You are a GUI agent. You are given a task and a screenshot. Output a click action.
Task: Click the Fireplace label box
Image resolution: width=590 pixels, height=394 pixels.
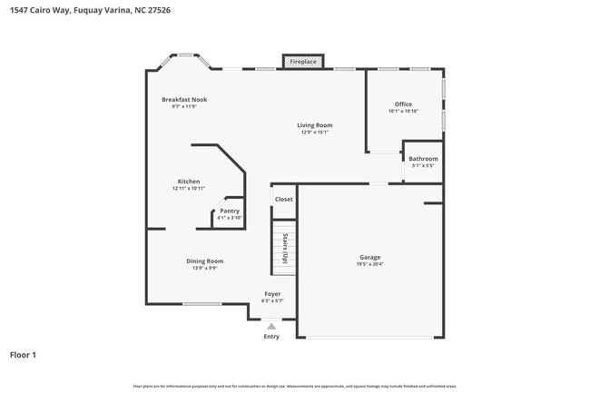click(303, 62)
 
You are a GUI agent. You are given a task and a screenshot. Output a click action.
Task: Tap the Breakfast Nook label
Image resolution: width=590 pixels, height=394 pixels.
click(184, 99)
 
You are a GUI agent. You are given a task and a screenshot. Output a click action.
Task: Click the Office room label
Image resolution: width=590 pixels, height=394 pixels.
click(403, 104)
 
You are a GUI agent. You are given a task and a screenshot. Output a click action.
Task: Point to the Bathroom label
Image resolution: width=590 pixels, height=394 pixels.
click(423, 159)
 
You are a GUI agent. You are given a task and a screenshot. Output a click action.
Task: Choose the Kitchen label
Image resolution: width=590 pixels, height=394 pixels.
click(188, 182)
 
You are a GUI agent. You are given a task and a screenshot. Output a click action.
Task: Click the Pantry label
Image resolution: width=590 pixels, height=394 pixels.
click(230, 211)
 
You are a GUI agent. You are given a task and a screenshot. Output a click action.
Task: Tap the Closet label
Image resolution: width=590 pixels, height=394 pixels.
click(284, 199)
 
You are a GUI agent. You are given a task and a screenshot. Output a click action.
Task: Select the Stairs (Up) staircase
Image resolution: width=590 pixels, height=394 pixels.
click(284, 247)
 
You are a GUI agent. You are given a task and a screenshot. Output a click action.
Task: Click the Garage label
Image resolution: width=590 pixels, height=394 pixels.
click(369, 257)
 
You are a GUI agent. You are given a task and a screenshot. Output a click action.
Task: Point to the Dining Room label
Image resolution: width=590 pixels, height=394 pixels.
click(204, 261)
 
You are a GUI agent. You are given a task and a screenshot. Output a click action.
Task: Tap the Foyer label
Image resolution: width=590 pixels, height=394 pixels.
click(272, 294)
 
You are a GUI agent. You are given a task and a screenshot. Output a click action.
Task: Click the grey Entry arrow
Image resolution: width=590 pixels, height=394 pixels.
click(271, 325)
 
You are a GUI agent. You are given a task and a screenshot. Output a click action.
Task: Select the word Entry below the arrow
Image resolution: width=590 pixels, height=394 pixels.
click(271, 337)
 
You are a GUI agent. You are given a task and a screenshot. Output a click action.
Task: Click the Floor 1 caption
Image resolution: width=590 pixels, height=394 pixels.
click(23, 355)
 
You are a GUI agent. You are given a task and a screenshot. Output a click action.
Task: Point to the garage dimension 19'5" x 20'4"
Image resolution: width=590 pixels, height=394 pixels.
click(369, 264)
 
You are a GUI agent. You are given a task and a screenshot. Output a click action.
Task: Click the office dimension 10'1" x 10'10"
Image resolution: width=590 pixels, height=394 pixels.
click(403, 111)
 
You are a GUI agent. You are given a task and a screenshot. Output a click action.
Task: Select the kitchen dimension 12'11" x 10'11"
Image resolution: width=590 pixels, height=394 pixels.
click(188, 188)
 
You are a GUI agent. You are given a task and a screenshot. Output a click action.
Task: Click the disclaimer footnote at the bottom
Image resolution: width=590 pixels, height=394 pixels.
click(295, 386)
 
